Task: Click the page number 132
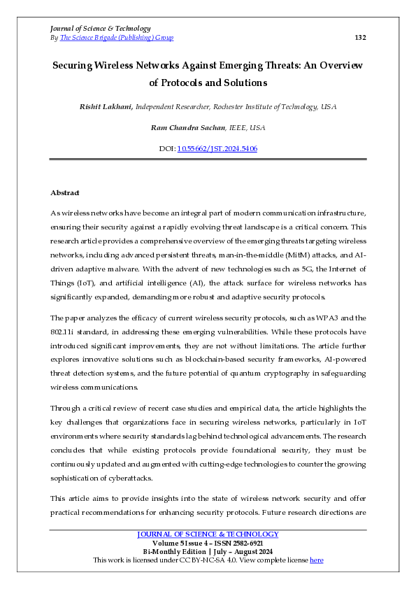click(x=360, y=38)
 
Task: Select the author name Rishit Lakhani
click(x=106, y=107)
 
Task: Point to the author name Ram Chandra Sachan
click(x=185, y=128)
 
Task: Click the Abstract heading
click(x=65, y=192)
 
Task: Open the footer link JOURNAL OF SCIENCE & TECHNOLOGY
click(x=208, y=534)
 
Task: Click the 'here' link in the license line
click(x=316, y=560)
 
